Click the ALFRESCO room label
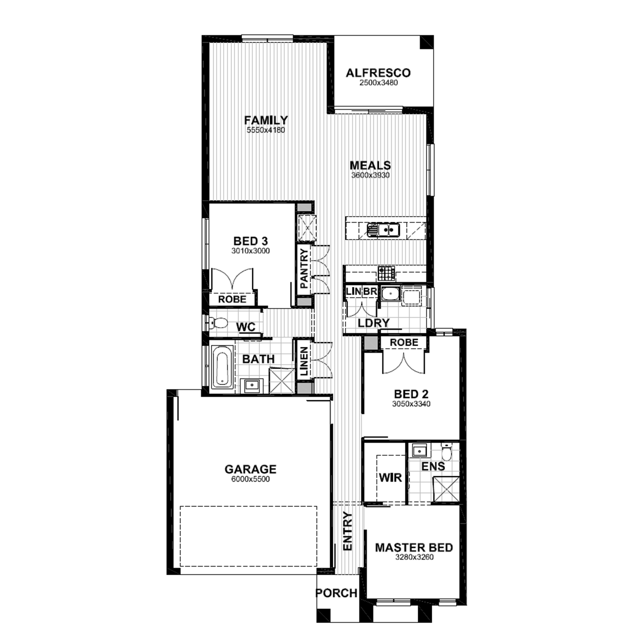(x=378, y=73)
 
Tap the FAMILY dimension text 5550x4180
(x=266, y=130)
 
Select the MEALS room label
(x=370, y=165)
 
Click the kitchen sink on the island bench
(x=383, y=230)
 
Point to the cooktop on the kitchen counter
(x=387, y=273)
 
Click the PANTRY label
(x=304, y=269)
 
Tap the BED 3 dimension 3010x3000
(x=251, y=251)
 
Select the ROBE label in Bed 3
(x=233, y=300)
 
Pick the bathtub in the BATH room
(x=222, y=366)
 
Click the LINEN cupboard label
(x=304, y=362)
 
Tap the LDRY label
(x=374, y=323)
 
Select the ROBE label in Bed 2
(x=404, y=342)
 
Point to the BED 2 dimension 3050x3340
(x=411, y=404)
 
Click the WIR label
(x=390, y=477)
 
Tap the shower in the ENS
(x=446, y=489)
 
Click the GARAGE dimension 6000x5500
(x=250, y=479)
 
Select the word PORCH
(x=336, y=593)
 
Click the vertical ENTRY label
(x=348, y=531)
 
